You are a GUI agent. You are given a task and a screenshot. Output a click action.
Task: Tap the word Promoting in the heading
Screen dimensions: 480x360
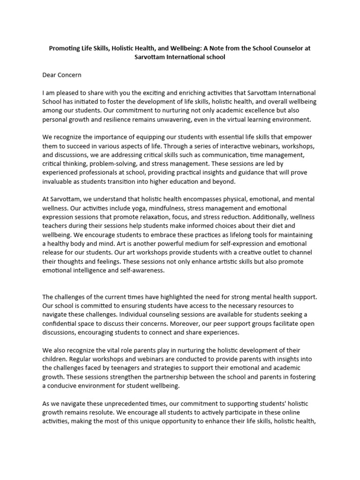[66, 48]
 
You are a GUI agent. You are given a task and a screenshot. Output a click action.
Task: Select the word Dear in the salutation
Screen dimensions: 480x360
[50, 74]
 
